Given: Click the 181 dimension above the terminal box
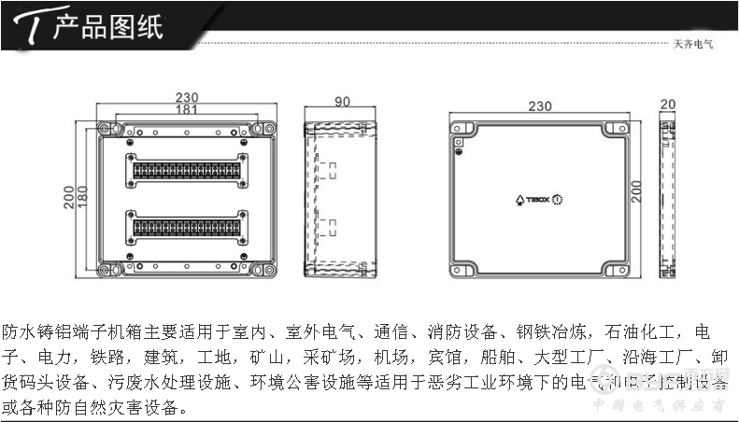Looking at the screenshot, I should (187, 109).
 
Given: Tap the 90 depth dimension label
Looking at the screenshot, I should (341, 102).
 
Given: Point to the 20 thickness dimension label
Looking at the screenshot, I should (667, 105).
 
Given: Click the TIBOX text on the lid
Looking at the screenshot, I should (537, 200).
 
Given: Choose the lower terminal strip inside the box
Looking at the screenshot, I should (187, 228).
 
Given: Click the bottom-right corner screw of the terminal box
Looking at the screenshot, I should (269, 272).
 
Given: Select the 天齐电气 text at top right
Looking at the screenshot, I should (693, 43).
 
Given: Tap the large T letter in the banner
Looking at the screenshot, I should (31, 28).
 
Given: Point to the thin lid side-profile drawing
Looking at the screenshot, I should (667, 199).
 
